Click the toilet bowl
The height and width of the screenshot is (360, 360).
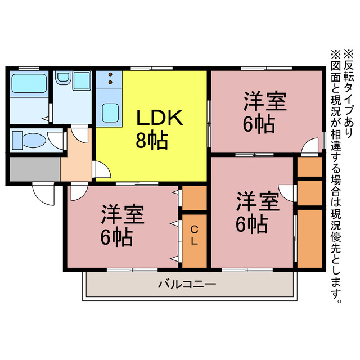pyautogui.click(x=34, y=139)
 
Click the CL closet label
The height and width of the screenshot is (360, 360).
pyautogui.click(x=193, y=235)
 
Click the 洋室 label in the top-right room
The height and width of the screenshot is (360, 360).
pyautogui.click(x=265, y=103)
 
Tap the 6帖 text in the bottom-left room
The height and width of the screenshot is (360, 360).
pyautogui.click(x=116, y=238)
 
